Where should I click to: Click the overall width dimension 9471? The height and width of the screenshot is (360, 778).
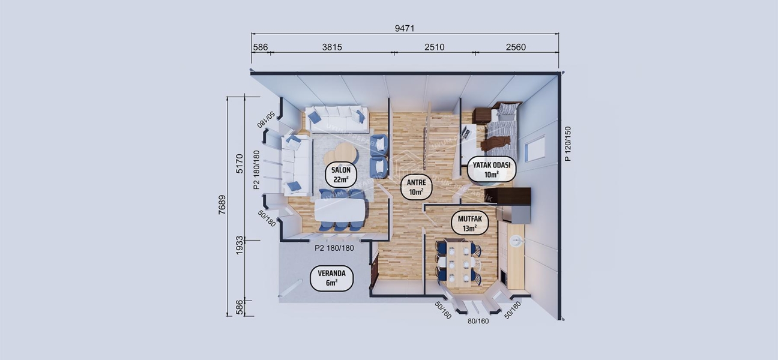(405, 28)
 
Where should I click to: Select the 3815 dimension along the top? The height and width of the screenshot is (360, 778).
(331, 47)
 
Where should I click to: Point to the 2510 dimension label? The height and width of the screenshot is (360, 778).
(434, 47)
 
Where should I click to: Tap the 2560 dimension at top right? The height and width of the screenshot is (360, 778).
(516, 47)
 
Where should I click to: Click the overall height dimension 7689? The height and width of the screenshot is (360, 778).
(222, 206)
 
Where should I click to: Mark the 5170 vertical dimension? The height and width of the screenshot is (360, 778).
(240, 163)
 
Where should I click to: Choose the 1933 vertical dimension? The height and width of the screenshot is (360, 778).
(240, 244)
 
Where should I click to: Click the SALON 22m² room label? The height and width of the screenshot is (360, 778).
(341, 175)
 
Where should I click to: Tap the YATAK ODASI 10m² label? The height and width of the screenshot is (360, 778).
(491, 169)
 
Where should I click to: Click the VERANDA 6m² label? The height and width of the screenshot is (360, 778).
(331, 278)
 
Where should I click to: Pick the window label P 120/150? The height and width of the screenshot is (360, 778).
(568, 144)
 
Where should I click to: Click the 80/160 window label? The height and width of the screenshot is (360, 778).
(478, 321)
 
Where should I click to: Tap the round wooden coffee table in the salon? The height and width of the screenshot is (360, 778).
(340, 154)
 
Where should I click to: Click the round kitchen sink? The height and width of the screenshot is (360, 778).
(516, 241)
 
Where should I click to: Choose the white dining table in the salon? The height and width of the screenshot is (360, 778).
(341, 210)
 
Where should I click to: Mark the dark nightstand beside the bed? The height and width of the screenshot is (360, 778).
(481, 115)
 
